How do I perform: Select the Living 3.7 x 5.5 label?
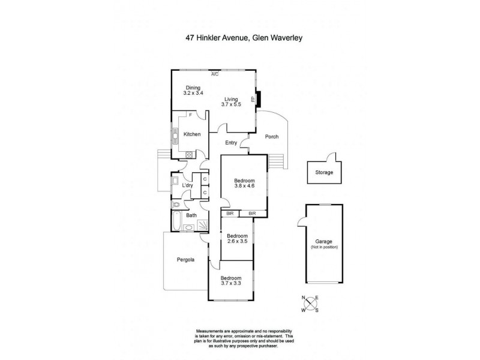point(232,102)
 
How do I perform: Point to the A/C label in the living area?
point(214,74)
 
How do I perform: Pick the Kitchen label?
point(192,134)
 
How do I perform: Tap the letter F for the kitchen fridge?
point(190,114)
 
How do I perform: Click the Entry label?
point(231,143)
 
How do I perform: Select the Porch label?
point(272,137)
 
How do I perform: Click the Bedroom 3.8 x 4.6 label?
point(245,184)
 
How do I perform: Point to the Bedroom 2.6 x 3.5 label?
point(237,239)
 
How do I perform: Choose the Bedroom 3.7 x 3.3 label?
point(230,281)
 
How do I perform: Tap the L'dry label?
point(187,185)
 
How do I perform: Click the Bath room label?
point(191,215)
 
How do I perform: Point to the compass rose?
point(311,304)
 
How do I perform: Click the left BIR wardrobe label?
point(229,213)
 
